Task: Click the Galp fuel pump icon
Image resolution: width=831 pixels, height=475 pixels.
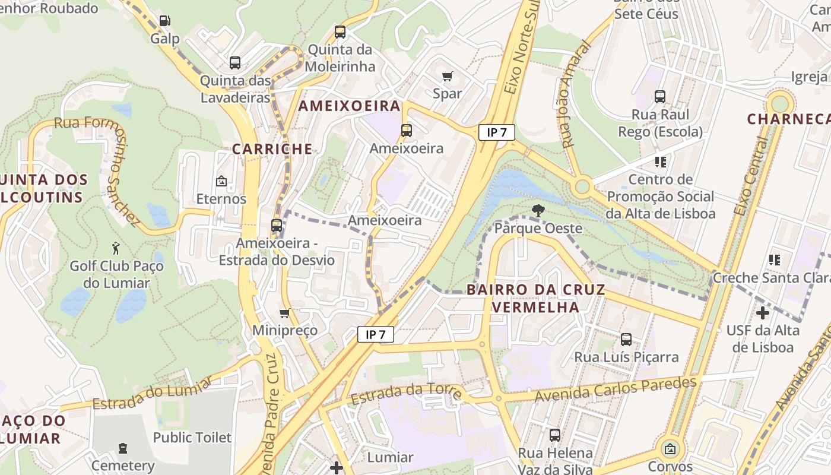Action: (164, 21)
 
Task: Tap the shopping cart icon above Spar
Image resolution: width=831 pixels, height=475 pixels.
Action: (447, 76)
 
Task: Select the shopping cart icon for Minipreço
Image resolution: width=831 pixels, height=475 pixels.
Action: (285, 313)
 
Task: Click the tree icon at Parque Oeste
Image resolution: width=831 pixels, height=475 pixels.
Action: (538, 210)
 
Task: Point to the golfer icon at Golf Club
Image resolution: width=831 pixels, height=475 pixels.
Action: (116, 248)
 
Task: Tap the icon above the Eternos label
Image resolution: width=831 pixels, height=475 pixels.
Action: (221, 180)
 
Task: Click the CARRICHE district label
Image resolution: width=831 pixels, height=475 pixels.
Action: (272, 149)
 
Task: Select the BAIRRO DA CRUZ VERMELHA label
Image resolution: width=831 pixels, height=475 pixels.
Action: (535, 298)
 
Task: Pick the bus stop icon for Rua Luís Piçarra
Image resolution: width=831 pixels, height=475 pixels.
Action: (626, 340)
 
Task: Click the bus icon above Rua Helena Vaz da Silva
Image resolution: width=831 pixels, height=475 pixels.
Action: (555, 435)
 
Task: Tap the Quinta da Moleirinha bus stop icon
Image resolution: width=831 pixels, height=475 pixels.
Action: (340, 32)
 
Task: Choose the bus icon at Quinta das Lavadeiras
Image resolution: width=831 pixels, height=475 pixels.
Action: (235, 63)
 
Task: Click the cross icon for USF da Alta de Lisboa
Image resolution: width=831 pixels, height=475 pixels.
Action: (763, 313)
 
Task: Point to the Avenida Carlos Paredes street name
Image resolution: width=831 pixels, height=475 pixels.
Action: (615, 389)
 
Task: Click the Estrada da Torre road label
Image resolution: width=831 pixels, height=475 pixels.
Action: (406, 393)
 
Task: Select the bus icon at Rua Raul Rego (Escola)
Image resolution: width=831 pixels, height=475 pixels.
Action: (660, 97)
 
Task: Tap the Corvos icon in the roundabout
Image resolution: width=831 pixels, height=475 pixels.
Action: (670, 449)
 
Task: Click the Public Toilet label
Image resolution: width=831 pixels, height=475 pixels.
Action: (192, 438)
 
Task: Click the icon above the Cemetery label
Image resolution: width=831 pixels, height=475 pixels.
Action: (123, 448)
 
